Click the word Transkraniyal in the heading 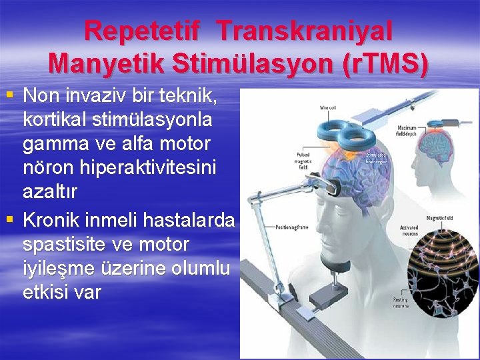click(305, 31)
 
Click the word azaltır click(50, 193)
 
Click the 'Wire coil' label click(327, 106)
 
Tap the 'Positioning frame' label click(292, 227)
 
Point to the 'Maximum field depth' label click(407, 130)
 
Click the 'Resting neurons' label click(401, 302)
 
